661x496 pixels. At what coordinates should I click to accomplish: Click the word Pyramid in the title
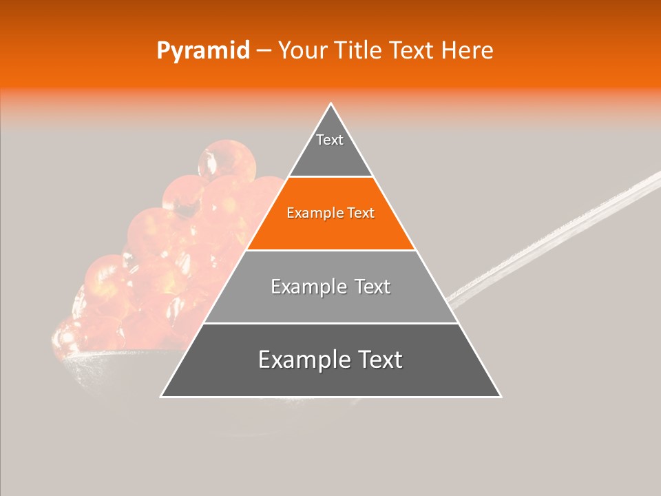click(202, 50)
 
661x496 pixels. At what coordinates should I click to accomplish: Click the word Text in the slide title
click(412, 50)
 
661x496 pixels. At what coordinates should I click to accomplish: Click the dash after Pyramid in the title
click(263, 51)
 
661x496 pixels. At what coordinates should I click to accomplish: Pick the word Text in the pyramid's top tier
click(330, 140)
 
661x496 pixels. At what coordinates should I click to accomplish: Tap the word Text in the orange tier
click(359, 213)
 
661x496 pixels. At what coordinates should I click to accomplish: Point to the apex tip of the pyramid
click(330, 104)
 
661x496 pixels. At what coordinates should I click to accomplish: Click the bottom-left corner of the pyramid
click(162, 396)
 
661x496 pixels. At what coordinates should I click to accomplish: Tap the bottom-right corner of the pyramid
click(500, 396)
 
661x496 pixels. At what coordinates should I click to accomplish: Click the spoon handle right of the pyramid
click(551, 238)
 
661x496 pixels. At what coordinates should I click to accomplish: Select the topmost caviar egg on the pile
click(218, 159)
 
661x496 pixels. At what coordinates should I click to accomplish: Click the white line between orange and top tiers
click(330, 177)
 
